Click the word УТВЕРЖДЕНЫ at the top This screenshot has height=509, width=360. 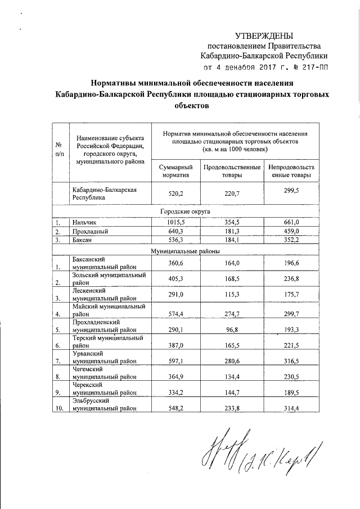(264, 35)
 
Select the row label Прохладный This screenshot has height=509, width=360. (91, 231)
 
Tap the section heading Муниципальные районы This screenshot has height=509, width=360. (185, 249)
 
